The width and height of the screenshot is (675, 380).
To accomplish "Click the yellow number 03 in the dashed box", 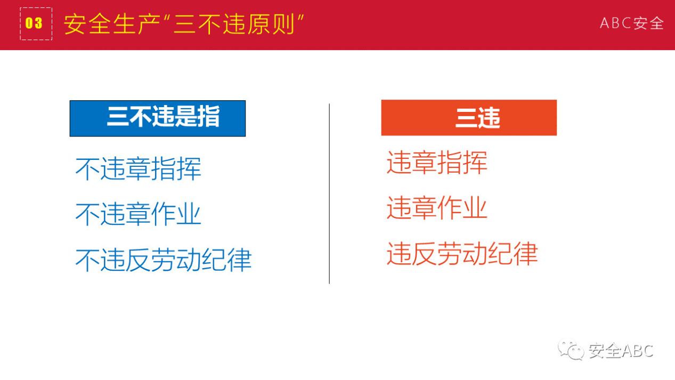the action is click(x=34, y=23).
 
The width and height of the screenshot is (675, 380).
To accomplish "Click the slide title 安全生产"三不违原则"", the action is click(x=183, y=24).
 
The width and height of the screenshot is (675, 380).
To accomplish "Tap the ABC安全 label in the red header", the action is click(x=632, y=23).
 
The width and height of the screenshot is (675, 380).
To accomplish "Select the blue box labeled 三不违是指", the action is click(x=158, y=118).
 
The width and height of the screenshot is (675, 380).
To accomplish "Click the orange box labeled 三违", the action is click(x=469, y=118).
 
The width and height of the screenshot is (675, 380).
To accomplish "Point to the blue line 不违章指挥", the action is click(x=139, y=169).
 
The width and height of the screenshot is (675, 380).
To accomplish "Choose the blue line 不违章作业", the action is click(x=139, y=214).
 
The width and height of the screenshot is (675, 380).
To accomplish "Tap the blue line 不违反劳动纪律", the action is click(x=164, y=260).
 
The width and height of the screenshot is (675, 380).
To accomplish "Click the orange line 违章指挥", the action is click(x=437, y=163).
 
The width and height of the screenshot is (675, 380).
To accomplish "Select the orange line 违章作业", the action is click(x=437, y=208).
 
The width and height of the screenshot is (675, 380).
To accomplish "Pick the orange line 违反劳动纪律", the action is click(x=462, y=254).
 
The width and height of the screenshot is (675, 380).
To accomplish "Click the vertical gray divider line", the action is click(x=329, y=193).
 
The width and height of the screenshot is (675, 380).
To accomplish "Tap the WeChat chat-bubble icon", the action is click(x=571, y=351).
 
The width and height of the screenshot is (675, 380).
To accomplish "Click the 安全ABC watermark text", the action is click(x=621, y=351).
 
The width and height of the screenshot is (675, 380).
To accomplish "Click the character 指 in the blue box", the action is click(x=208, y=116).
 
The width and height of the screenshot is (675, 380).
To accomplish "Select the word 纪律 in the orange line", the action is click(x=513, y=254).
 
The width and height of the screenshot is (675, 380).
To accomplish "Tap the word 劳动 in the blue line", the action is click(x=176, y=260).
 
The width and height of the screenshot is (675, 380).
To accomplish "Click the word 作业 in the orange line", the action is click(x=462, y=208).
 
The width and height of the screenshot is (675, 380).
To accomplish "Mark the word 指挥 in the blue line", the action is click(x=176, y=169).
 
